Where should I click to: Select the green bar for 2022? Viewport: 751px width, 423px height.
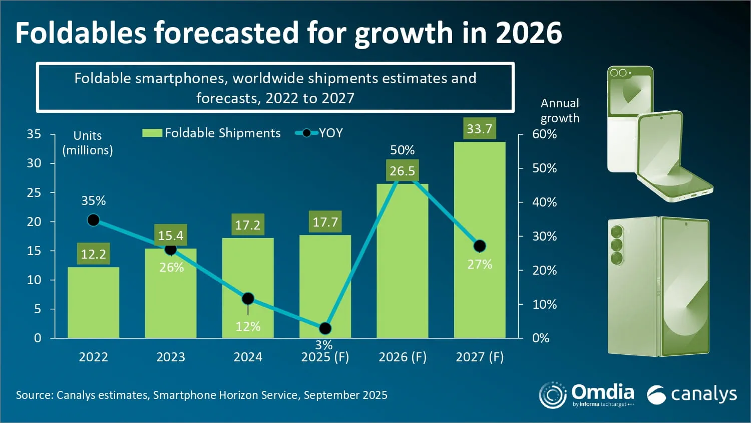coord(94,302)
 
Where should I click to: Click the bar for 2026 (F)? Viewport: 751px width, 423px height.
coord(403,261)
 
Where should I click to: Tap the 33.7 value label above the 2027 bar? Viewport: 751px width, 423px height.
coord(480,128)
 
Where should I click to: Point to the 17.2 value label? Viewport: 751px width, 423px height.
coord(248,225)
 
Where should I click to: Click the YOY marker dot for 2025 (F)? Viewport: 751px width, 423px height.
coord(325,328)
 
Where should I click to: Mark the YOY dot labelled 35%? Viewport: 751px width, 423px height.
coord(94,220)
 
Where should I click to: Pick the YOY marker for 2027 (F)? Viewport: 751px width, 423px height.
coord(480,246)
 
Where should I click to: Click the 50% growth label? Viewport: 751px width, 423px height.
coord(403,150)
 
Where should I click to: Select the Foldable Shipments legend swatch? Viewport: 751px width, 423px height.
coord(152,133)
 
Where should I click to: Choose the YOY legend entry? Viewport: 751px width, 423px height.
coord(319,133)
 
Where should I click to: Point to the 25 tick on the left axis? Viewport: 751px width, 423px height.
coord(34,192)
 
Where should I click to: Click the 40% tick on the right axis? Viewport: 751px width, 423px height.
coord(545,202)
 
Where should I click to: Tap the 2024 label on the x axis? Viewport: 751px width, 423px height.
coord(248,357)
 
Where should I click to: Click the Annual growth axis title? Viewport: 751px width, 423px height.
coord(560,110)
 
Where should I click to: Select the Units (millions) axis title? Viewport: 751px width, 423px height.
coord(88,143)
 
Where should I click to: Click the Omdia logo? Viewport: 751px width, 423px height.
coord(586,395)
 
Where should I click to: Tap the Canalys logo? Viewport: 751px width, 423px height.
coord(691,394)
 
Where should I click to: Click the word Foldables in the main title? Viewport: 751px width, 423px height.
coord(81,33)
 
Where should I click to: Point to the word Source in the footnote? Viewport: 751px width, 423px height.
coord(35,395)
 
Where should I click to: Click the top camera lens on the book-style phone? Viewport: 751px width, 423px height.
coord(616,232)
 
